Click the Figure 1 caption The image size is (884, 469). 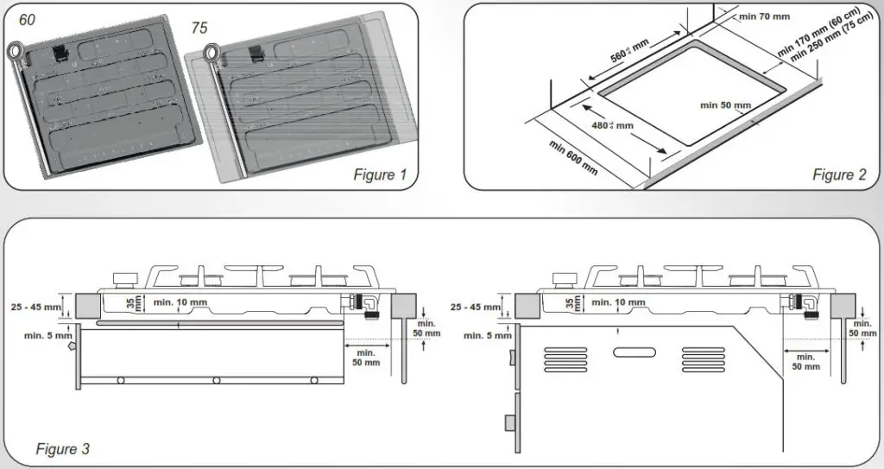(x=379, y=175)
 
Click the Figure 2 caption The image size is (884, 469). (x=839, y=175)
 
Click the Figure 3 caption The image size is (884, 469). (x=62, y=448)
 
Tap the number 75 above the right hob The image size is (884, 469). (x=199, y=28)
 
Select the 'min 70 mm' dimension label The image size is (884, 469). (x=766, y=15)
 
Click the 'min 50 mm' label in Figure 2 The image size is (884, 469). (x=725, y=105)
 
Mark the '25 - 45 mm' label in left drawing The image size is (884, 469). (x=37, y=306)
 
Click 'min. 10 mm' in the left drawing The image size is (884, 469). (x=180, y=301)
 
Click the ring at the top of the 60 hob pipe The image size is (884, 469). (x=16, y=50)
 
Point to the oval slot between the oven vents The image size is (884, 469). (x=633, y=352)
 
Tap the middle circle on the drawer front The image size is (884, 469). (x=216, y=380)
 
